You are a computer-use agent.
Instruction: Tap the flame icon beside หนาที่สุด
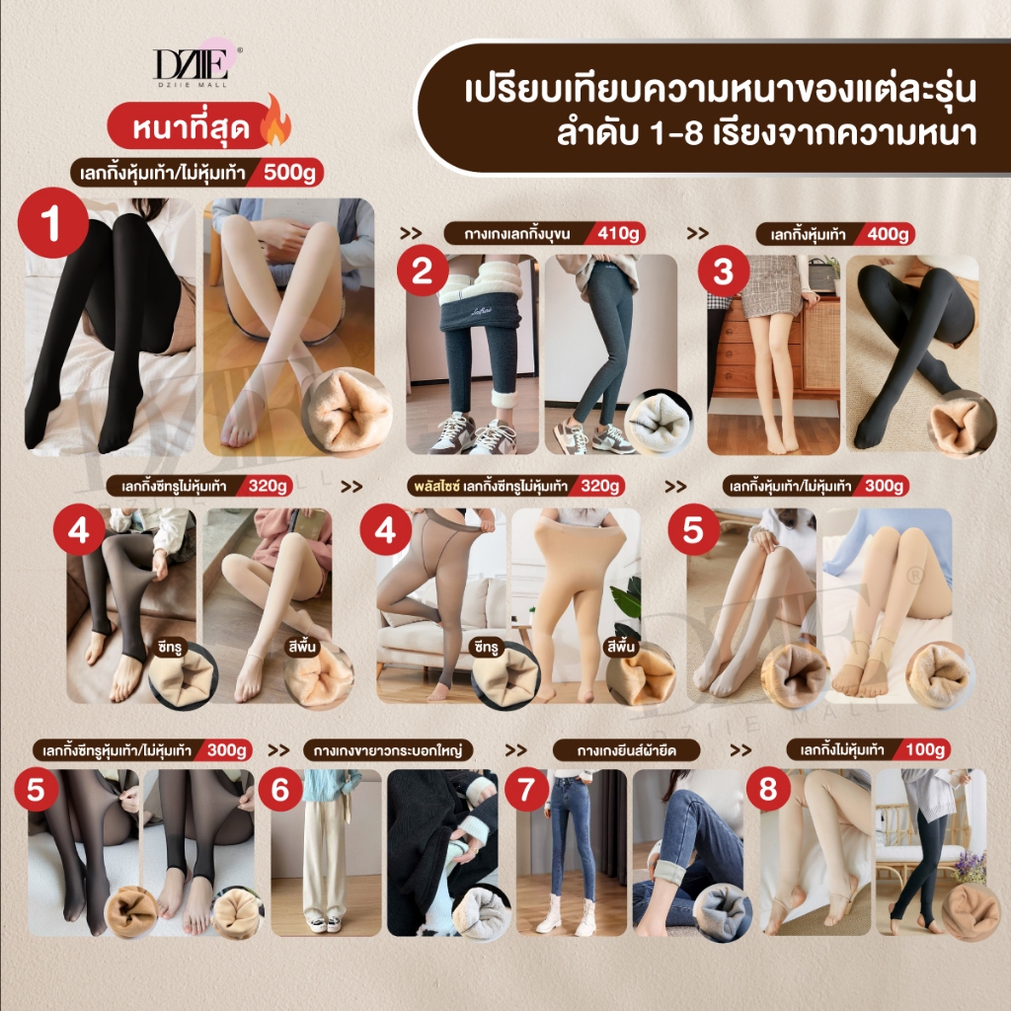click(276, 120)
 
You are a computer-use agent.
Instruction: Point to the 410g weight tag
click(616, 233)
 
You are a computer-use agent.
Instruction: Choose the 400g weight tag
click(887, 234)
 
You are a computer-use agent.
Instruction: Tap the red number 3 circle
click(724, 272)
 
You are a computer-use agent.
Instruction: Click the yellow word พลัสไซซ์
click(436, 486)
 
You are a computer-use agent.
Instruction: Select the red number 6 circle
click(279, 789)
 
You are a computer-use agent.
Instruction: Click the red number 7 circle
click(526, 789)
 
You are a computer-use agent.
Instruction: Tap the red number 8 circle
click(768, 789)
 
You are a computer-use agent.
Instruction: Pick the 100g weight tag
click(924, 750)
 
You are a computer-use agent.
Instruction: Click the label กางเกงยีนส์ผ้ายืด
click(626, 750)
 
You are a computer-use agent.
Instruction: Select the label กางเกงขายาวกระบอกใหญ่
click(388, 750)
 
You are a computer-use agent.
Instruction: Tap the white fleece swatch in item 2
click(657, 420)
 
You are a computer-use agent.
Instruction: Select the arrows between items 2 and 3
click(698, 233)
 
